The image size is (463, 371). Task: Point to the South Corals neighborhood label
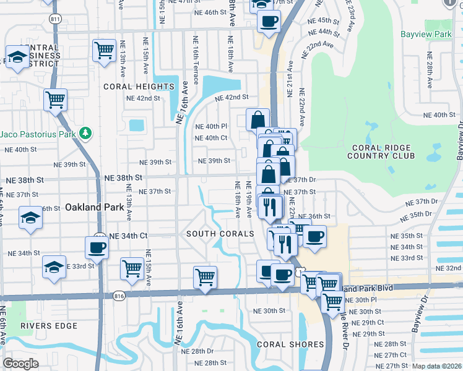220,234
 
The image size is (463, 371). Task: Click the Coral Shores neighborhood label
290,344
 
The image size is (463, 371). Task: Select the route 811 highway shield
56,19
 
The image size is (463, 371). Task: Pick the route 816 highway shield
119,297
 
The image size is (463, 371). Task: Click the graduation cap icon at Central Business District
18,58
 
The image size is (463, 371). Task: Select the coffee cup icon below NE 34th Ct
97,247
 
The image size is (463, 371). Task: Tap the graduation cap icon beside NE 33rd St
54,267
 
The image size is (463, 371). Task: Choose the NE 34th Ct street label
128,236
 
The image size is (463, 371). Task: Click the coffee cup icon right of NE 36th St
314,236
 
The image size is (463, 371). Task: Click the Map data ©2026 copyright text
436,366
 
